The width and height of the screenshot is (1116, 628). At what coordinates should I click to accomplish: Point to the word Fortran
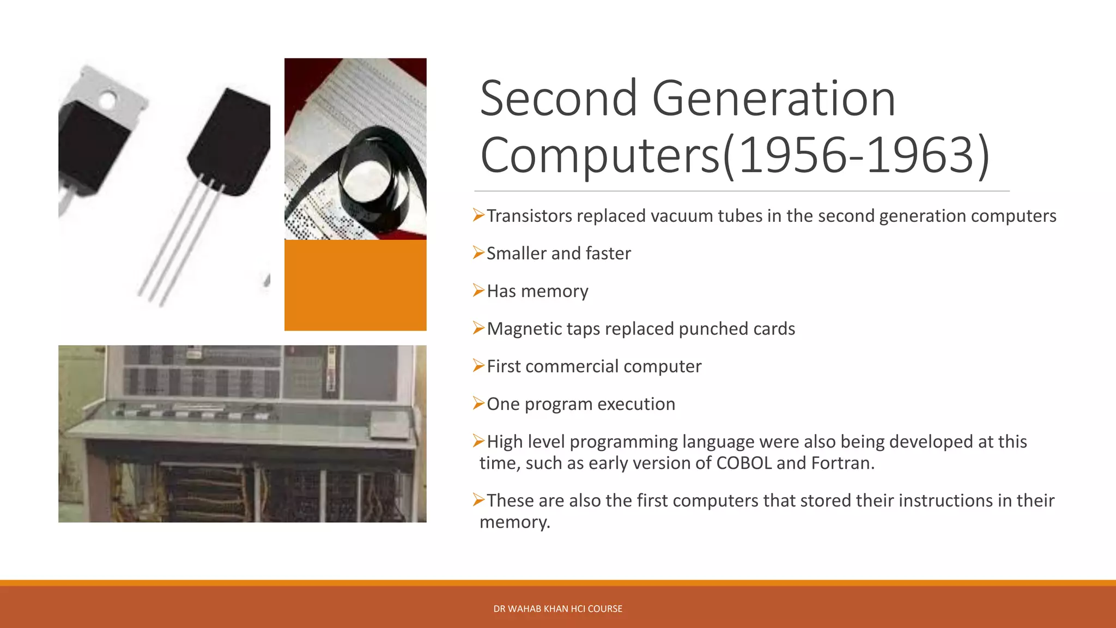coord(842,463)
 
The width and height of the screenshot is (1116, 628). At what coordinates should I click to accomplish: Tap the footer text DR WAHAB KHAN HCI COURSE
coord(557,608)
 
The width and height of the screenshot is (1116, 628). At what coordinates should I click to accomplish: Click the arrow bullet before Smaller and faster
coord(478,253)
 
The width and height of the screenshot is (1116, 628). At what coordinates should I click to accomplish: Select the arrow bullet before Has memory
coord(478,291)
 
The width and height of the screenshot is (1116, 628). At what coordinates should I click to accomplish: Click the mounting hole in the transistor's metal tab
coord(107,100)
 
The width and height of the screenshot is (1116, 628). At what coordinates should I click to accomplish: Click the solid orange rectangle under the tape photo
coord(355,285)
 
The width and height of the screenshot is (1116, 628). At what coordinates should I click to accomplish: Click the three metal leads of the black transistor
coord(180,245)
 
